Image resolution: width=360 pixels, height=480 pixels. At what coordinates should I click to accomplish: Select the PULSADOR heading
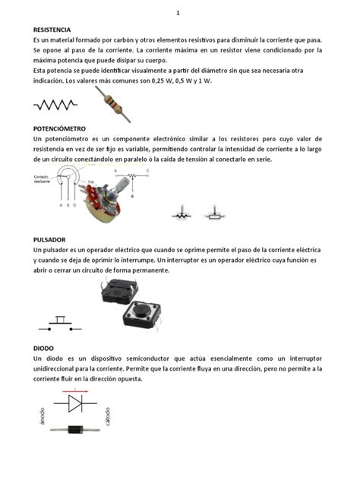click(49, 239)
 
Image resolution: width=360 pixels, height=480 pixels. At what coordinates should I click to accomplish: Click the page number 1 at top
click(178, 13)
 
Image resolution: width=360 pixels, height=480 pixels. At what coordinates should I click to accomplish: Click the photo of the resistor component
click(112, 104)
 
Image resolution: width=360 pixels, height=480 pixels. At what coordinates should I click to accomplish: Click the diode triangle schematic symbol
click(77, 404)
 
